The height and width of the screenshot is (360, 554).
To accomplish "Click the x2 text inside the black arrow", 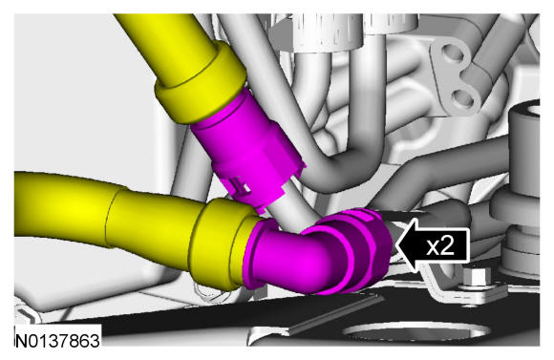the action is [x=440, y=245].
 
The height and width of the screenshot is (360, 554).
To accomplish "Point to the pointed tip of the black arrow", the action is [x=396, y=245].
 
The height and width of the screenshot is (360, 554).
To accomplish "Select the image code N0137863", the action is [x=57, y=341].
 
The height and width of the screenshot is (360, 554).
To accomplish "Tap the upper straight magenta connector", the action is [x=244, y=148].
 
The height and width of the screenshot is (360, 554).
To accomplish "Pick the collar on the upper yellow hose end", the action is [x=201, y=84].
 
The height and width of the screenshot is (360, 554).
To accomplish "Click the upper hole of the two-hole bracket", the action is [x=455, y=54].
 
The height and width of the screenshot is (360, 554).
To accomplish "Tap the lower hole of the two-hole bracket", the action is [x=463, y=97].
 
